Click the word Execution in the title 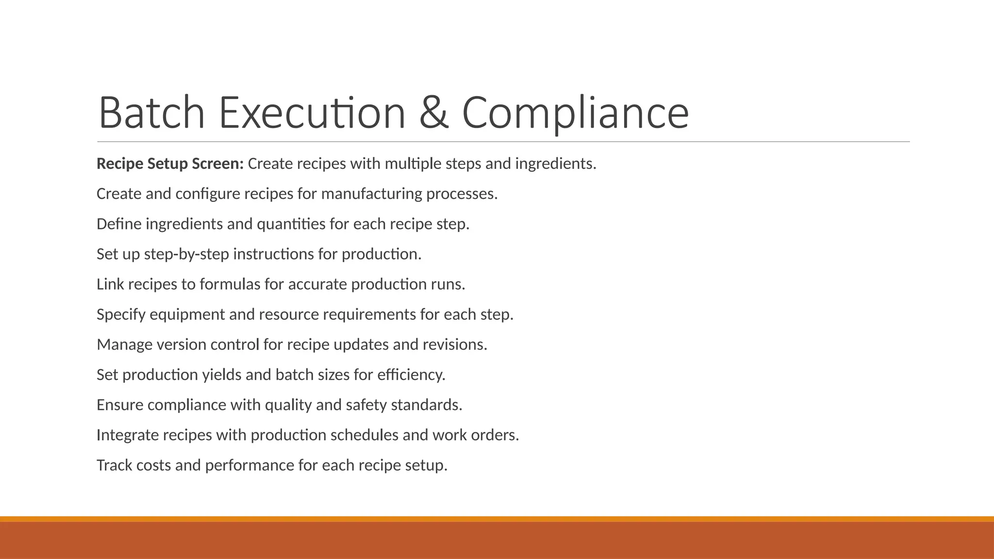coord(312,113)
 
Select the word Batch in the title coord(151,113)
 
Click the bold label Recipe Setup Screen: coord(170,164)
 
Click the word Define coord(119,224)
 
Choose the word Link coord(110,284)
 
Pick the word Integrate coord(128,435)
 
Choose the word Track coord(114,465)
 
